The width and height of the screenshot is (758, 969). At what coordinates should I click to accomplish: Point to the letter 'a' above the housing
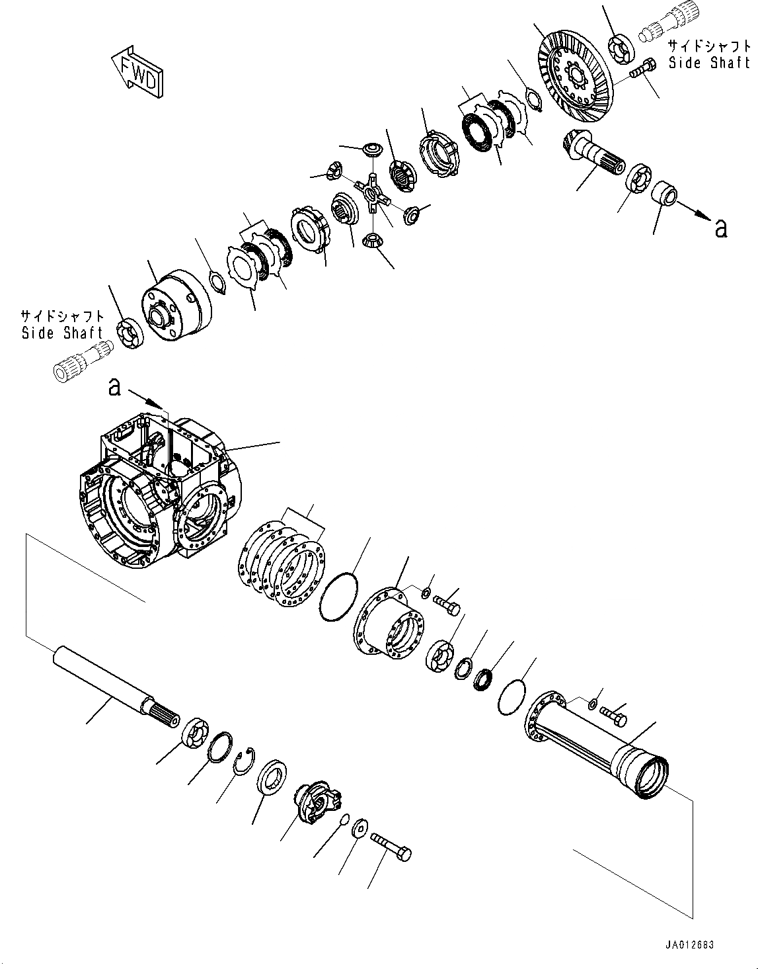(114, 386)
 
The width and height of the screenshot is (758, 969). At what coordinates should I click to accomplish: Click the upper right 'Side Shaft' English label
(709, 63)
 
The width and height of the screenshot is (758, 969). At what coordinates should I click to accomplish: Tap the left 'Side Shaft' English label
(62, 333)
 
